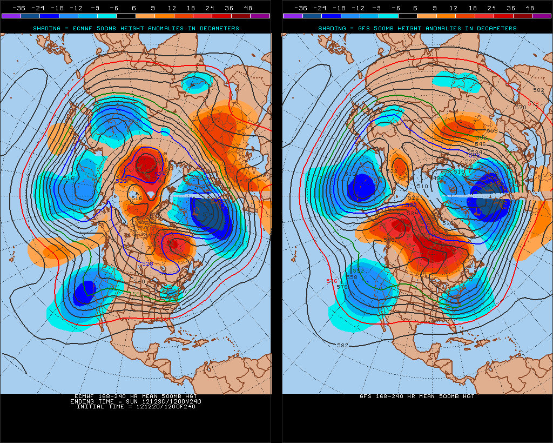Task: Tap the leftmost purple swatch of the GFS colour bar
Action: (x=292, y=16)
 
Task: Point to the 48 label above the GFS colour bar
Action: (x=530, y=8)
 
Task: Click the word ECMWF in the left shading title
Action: (x=91, y=28)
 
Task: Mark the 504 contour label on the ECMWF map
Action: (x=207, y=215)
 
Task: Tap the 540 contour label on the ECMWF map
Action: (x=139, y=281)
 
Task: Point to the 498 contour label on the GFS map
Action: (x=439, y=178)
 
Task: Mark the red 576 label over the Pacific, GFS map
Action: (x=332, y=281)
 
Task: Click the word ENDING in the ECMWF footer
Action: (x=84, y=401)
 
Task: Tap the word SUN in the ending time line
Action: (x=138, y=401)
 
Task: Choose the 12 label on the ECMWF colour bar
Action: (x=172, y=8)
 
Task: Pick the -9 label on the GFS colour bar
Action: (x=376, y=8)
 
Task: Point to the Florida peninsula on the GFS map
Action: (x=463, y=329)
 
